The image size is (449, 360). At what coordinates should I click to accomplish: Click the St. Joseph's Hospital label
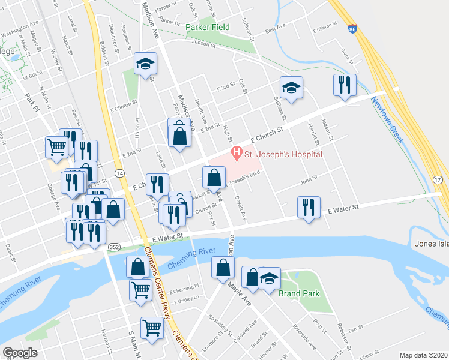tap(283, 154)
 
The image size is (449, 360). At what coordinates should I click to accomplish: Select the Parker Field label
tap(208, 27)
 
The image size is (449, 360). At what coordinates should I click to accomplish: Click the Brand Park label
tap(298, 293)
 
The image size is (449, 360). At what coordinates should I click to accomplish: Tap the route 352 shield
tap(113, 247)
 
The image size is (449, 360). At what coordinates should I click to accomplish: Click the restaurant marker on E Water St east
tap(309, 207)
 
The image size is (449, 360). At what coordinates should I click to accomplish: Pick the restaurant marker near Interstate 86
tap(345, 85)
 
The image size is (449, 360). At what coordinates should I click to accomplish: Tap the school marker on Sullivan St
tap(291, 88)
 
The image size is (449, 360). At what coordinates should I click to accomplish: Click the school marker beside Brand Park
tap(270, 278)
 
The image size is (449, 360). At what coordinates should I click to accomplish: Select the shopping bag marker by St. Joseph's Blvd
tap(214, 178)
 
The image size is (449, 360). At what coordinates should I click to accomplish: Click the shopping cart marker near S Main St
tap(152, 328)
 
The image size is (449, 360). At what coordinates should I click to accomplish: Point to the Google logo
tap(20, 353)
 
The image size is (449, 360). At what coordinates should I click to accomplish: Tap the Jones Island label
tap(432, 244)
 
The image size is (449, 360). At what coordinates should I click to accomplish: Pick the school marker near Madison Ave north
tap(145, 65)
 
